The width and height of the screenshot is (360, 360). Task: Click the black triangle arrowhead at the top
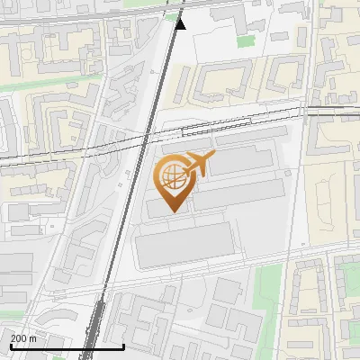(x=180, y=22)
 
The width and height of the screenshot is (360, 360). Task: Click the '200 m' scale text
(x=23, y=338)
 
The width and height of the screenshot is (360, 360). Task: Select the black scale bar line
(x=67, y=346)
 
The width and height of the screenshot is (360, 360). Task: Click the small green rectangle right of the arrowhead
(x=246, y=40)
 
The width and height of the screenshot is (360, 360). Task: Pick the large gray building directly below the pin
(x=184, y=245)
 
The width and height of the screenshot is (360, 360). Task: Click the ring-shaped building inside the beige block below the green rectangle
(x=220, y=84)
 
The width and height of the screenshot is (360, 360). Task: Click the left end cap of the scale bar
(x=10, y=346)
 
